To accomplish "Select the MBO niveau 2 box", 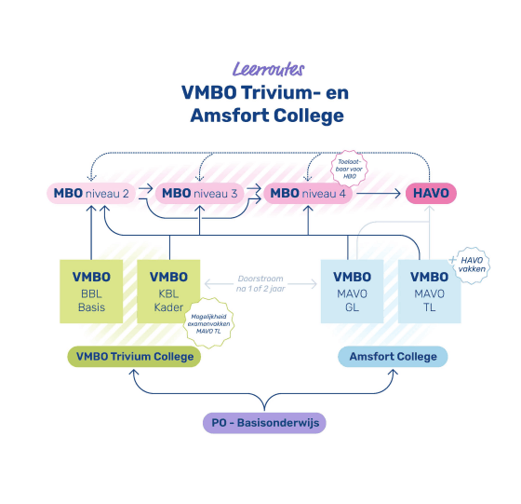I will point(89,194).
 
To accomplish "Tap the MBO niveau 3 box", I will point(201,194).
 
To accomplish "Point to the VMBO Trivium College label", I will point(134,357).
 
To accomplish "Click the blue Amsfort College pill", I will point(392,357).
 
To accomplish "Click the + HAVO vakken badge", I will point(469,263).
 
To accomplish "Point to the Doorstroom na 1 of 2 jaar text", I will point(260,282).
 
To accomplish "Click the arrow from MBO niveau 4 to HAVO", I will point(379,194).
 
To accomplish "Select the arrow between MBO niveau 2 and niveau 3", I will point(142,194).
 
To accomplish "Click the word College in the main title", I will point(306,116).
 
